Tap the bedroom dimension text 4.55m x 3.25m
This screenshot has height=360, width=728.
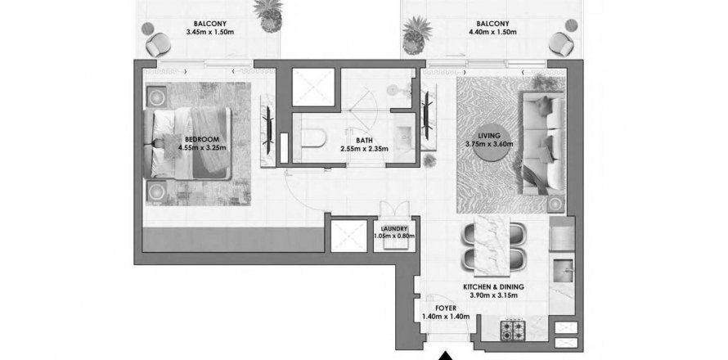coord(201,148)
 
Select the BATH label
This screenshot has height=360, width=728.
coord(365,140)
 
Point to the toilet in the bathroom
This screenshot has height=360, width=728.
coord(314,138)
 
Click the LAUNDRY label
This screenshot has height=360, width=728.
coord(394,228)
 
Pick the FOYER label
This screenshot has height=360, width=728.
coord(445,308)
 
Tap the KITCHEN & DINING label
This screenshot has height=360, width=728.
coord(493,287)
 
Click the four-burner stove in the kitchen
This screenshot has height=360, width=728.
coord(513,329)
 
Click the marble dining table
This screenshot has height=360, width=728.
coord(492,245)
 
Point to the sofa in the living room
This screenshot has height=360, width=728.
coord(542,142)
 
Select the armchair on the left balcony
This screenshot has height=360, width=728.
coord(158,45)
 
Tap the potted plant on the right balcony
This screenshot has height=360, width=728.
coord(417,35)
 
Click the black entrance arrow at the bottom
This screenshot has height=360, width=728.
coord(446,355)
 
